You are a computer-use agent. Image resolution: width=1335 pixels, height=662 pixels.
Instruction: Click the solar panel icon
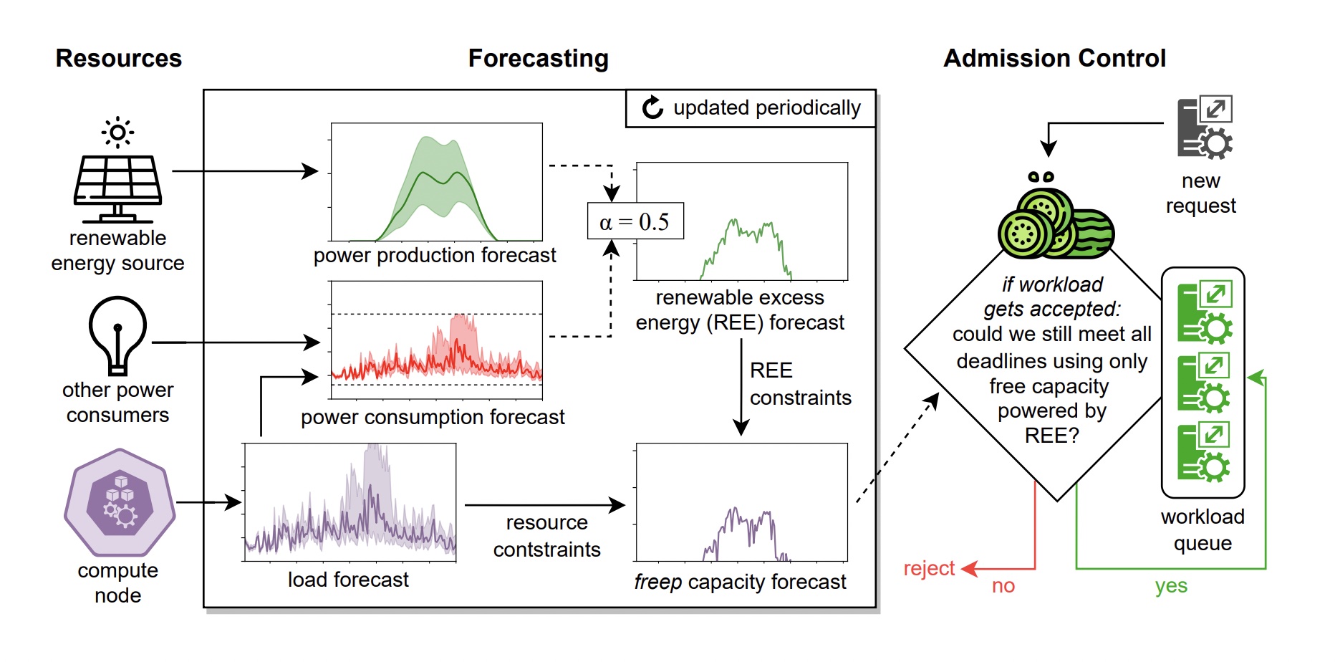pyautogui.click(x=118, y=188)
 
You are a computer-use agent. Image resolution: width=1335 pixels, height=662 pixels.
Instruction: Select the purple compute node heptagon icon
pyautogui.click(x=120, y=502)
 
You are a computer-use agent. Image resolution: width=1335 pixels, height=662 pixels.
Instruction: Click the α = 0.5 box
pyautogui.click(x=635, y=221)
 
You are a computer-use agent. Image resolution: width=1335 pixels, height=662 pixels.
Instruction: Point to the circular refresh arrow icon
pyautogui.click(x=652, y=107)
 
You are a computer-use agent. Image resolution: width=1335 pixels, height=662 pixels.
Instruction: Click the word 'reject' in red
pyautogui.click(x=929, y=568)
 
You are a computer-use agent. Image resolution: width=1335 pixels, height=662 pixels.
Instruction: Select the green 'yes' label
pyautogui.click(x=1171, y=586)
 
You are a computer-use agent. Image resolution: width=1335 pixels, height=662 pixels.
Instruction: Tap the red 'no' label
pyautogui.click(x=1003, y=586)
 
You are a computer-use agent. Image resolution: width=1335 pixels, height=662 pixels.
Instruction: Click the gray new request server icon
pyautogui.click(x=1205, y=128)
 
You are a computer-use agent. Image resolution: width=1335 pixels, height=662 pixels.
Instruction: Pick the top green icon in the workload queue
pyautogui.click(x=1205, y=312)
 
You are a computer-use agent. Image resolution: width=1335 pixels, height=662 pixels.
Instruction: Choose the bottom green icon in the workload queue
pyautogui.click(x=1205, y=451)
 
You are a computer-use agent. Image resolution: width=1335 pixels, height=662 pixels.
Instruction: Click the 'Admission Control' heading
pyautogui.click(x=1054, y=58)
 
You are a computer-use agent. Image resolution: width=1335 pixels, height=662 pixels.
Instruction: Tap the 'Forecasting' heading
pyautogui.click(x=538, y=58)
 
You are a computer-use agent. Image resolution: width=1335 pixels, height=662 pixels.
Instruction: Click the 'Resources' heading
pyautogui.click(x=119, y=58)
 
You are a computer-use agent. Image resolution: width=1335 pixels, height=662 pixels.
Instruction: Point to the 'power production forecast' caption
pyautogui.click(x=435, y=255)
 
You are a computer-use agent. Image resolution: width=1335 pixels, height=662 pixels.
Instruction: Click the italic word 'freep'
pyautogui.click(x=657, y=582)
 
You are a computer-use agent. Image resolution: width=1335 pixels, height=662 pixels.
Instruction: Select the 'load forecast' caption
pyautogui.click(x=348, y=580)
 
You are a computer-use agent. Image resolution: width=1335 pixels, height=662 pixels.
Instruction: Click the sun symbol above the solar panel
pyautogui.click(x=118, y=133)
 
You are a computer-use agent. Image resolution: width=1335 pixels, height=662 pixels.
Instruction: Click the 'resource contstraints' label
pyautogui.click(x=546, y=536)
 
